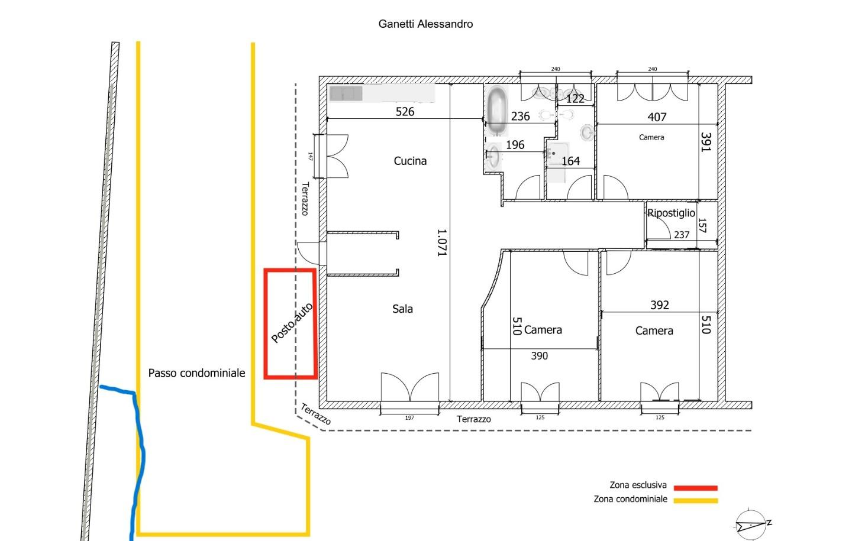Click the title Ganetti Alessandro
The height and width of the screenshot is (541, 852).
[425, 24]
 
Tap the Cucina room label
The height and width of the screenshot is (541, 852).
[410, 161]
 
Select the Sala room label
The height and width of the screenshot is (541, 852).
[402, 309]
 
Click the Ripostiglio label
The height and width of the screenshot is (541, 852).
[671, 213]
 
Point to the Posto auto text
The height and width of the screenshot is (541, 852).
[292, 323]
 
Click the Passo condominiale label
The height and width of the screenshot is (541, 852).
[196, 373]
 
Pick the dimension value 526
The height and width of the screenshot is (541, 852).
[405, 111]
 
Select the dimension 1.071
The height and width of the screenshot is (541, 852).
[441, 242]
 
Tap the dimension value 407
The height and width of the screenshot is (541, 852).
[657, 117]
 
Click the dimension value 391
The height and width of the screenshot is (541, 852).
[706, 142]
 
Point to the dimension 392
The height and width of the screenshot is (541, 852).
[660, 305]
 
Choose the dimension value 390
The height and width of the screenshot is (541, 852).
[540, 356]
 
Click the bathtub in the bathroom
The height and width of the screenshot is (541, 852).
[496, 111]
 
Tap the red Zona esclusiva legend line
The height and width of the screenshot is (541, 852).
[695, 488]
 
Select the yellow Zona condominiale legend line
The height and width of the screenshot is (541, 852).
[695, 501]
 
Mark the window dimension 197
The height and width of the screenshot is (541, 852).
[409, 418]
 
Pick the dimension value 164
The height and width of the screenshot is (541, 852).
[570, 161]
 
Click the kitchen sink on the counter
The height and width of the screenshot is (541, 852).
[346, 93]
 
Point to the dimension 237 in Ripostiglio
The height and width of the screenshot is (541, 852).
[682, 235]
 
